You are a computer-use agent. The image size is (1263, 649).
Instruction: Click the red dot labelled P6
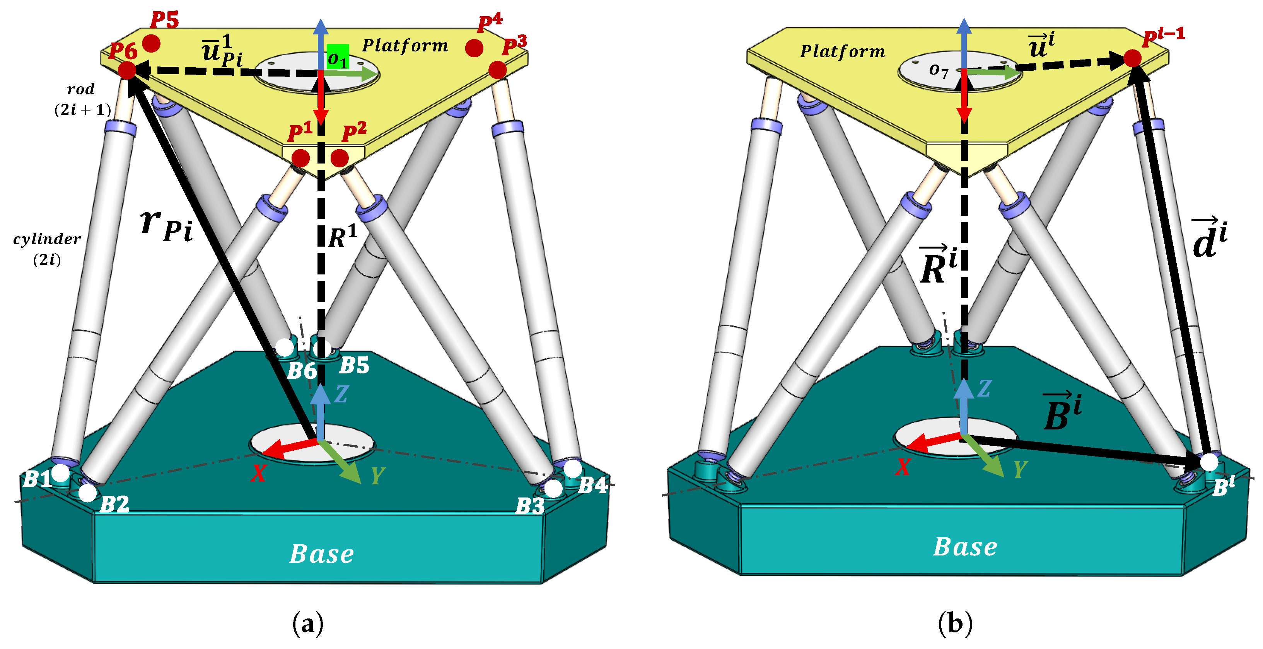[x=127, y=70]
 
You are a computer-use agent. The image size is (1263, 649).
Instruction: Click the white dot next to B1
[x=61, y=473]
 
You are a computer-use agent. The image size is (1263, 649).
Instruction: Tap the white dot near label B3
[x=553, y=488]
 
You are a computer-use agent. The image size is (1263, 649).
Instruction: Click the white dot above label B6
[x=284, y=347]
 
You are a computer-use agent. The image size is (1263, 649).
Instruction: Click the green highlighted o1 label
[x=338, y=57]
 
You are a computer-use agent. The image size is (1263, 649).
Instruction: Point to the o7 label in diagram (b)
[x=939, y=71]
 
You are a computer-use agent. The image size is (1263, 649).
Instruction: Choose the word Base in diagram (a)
[x=322, y=554]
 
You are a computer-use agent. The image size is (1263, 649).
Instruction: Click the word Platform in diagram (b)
[x=843, y=51]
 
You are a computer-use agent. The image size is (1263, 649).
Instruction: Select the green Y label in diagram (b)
[x=1020, y=469]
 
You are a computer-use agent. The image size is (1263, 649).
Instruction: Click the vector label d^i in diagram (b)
[x=1210, y=239]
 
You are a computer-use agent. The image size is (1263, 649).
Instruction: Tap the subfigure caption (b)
[x=955, y=624]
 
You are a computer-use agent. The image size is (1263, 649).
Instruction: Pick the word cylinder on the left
[x=47, y=239]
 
